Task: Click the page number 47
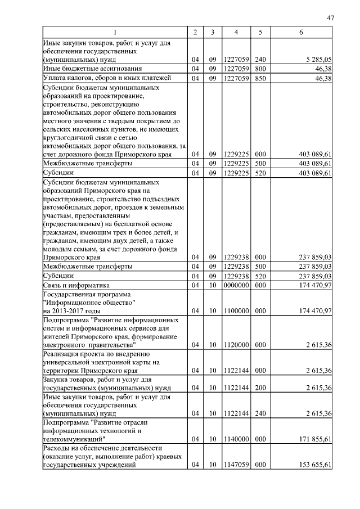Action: (330, 19)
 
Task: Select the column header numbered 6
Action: (301, 33)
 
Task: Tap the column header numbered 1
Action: (114, 33)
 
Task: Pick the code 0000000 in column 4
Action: (236, 286)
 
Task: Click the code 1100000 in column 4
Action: (236, 310)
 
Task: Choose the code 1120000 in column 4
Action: (236, 344)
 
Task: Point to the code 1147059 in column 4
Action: (236, 465)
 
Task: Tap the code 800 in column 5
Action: (260, 69)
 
